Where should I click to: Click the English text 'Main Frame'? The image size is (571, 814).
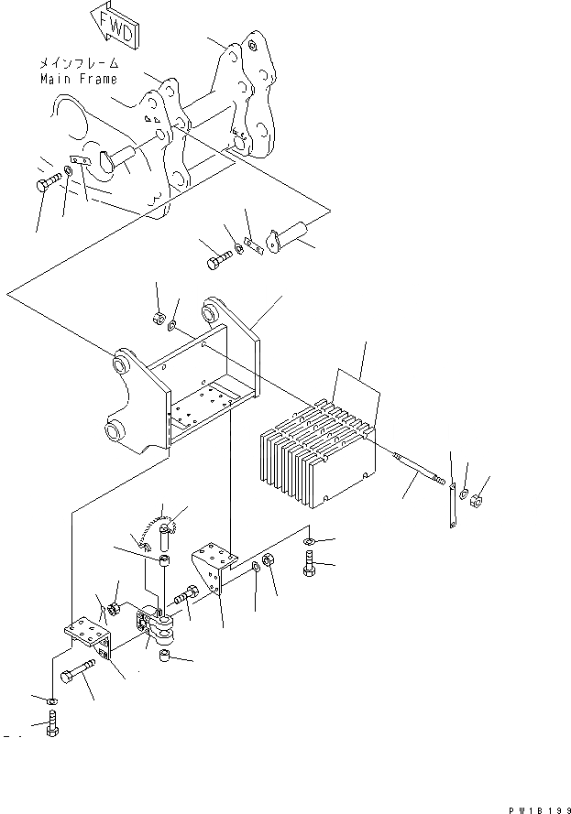coord(78,80)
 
